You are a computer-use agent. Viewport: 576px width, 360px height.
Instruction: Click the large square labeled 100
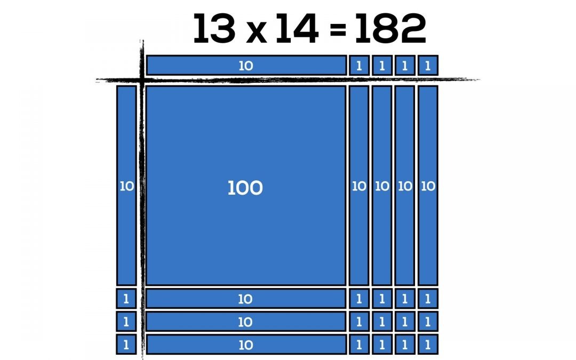pyautogui.click(x=246, y=186)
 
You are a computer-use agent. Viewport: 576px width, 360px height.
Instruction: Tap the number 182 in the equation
pyautogui.click(x=390, y=29)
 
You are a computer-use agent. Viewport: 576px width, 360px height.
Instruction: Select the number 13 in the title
pyautogui.click(x=214, y=29)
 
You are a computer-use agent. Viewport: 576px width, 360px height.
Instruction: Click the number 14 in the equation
pyautogui.click(x=297, y=29)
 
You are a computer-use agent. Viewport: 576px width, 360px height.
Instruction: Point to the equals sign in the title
pyautogui.click(x=338, y=30)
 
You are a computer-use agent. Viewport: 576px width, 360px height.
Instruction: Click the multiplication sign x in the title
pyautogui.click(x=256, y=33)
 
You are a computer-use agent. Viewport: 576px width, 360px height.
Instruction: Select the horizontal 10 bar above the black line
pyautogui.click(x=246, y=66)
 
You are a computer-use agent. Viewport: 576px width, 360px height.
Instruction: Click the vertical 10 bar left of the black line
pyautogui.click(x=126, y=186)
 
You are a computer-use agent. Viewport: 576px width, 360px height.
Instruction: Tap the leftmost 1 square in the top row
pyautogui.click(x=359, y=66)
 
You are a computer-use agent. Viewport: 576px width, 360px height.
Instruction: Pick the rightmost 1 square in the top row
pyautogui.click(x=428, y=66)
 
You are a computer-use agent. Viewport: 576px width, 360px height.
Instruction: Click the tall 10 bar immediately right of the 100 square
pyautogui.click(x=359, y=186)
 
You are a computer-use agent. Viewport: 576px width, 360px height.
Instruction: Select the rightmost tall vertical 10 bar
pyautogui.click(x=428, y=186)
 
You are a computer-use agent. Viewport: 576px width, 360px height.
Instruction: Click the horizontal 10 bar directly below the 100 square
pyautogui.click(x=246, y=298)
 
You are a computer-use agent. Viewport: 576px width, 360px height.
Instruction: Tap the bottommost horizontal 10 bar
pyautogui.click(x=246, y=344)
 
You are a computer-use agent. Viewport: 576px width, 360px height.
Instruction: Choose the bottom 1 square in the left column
pyautogui.click(x=126, y=344)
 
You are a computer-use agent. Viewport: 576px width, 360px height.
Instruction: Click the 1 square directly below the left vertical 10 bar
pyautogui.click(x=126, y=298)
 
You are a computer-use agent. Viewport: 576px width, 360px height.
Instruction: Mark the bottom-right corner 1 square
pyautogui.click(x=428, y=344)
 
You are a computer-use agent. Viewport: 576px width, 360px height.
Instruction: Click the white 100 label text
pyautogui.click(x=245, y=188)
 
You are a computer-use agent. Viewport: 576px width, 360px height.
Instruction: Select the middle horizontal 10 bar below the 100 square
pyautogui.click(x=246, y=322)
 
